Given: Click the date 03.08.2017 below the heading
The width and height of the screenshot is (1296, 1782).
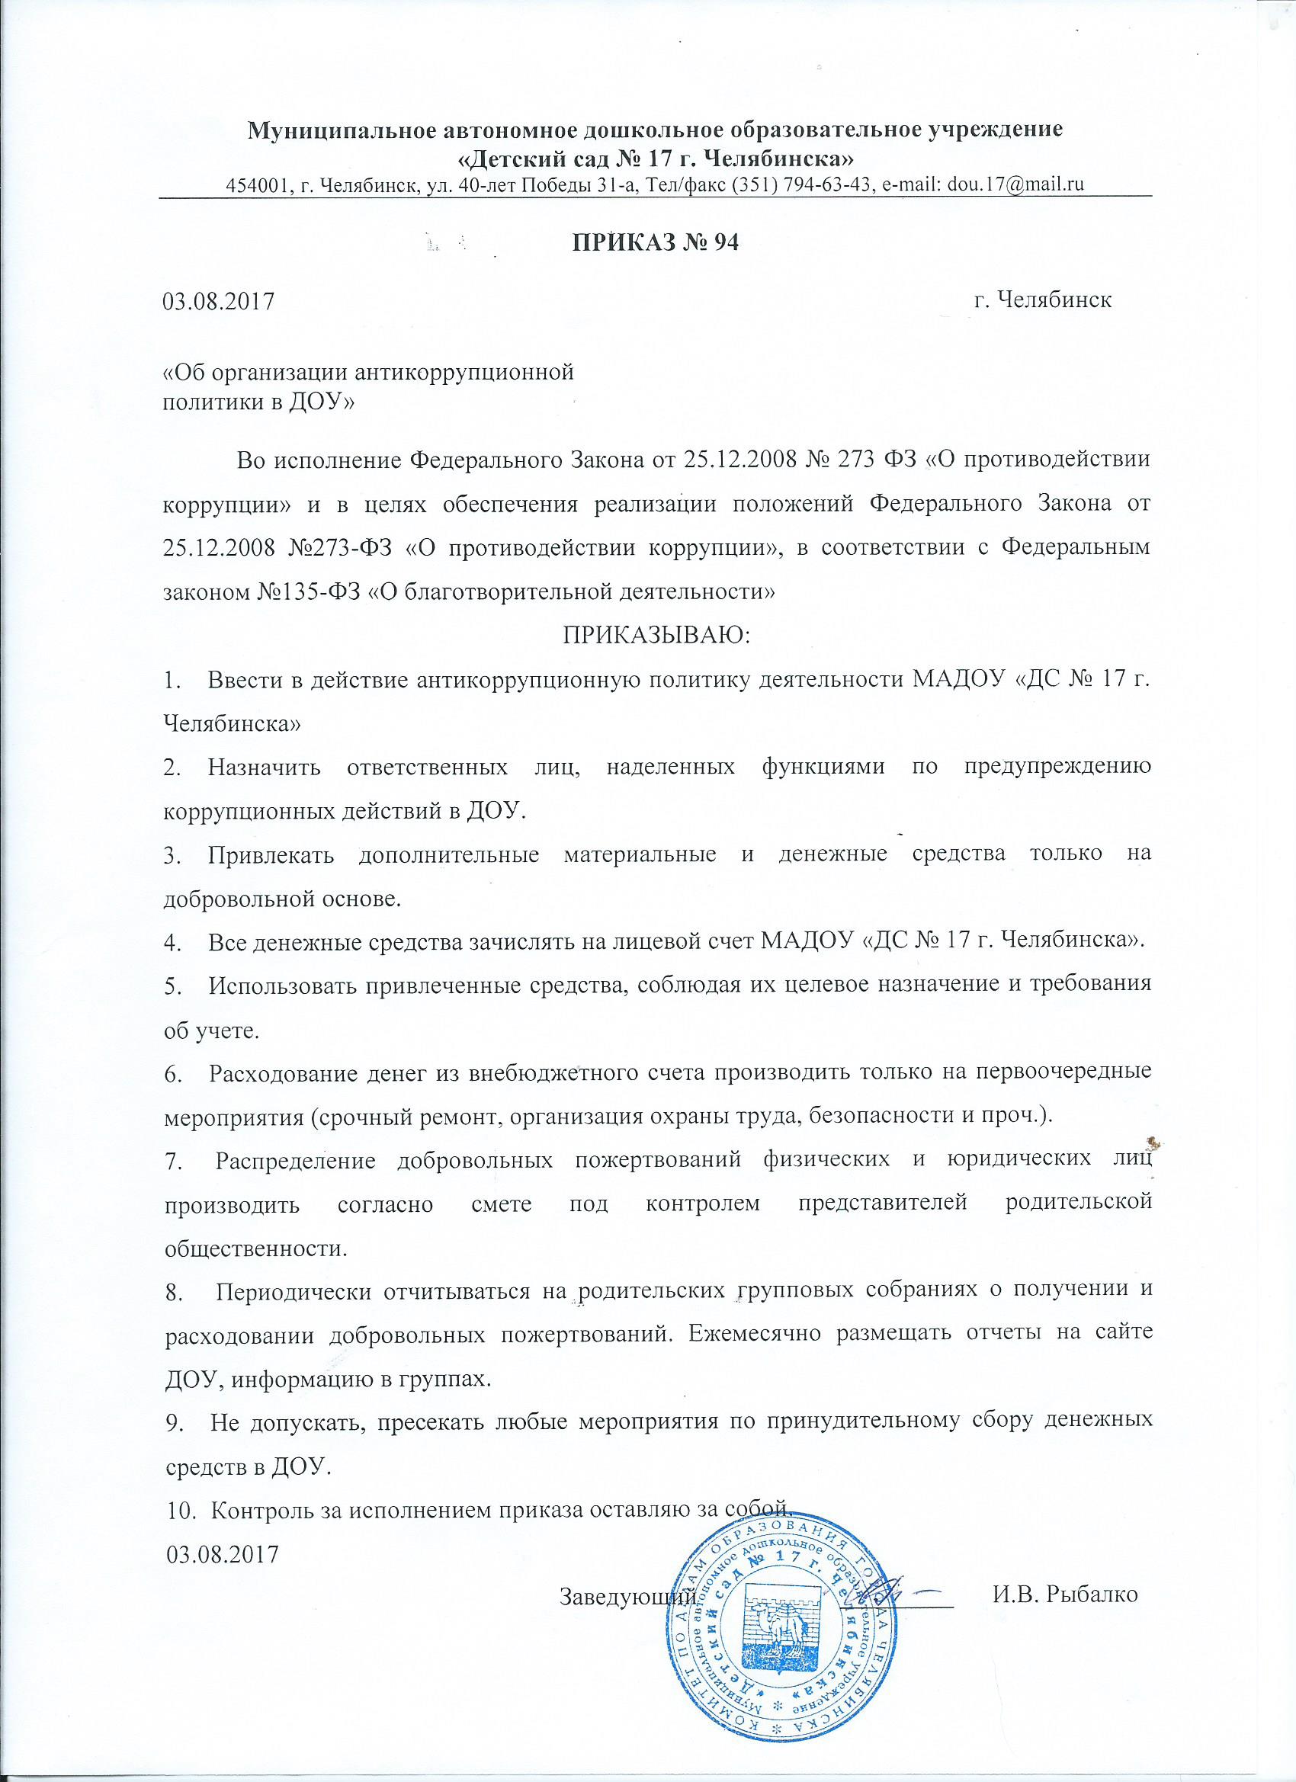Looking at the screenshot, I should [218, 301].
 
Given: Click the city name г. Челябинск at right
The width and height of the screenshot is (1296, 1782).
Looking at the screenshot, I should [1042, 300].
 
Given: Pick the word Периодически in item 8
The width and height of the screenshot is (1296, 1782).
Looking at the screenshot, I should [294, 1289].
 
